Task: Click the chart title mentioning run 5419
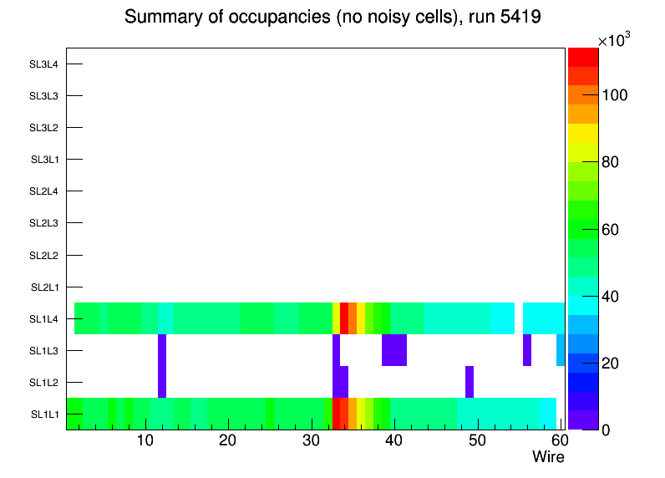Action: (x=332, y=18)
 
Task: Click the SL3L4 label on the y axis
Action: (x=43, y=64)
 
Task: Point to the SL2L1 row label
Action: (x=43, y=287)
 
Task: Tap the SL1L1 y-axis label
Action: (x=45, y=414)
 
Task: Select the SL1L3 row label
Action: (x=43, y=350)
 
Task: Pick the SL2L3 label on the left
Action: (x=43, y=223)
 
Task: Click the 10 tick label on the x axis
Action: (x=145, y=440)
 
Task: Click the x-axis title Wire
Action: (x=548, y=457)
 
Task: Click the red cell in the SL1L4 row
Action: (x=344, y=318)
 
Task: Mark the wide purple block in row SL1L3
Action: (x=394, y=349)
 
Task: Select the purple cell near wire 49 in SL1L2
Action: (x=470, y=382)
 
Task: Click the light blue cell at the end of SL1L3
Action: (x=561, y=349)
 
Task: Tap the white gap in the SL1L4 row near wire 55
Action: (x=518, y=318)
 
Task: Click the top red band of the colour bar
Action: (x=582, y=57)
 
